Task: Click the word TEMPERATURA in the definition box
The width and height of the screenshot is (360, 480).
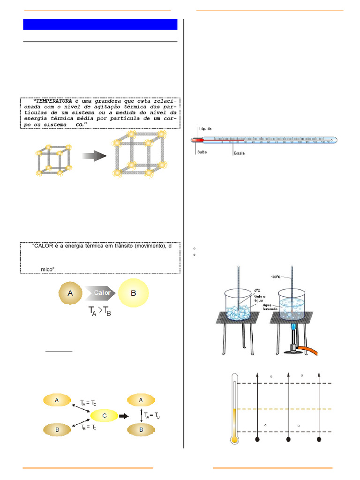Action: pyautogui.click(x=54, y=101)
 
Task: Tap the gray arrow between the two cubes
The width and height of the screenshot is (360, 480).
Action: pyautogui.click(x=94, y=156)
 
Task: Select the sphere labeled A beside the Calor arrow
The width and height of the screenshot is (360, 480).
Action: pyautogui.click(x=70, y=293)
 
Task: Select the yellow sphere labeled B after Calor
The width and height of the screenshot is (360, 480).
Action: pyautogui.click(x=134, y=293)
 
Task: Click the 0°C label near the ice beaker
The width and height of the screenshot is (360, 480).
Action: pyautogui.click(x=257, y=290)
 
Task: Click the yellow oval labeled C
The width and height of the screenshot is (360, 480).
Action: pyautogui.click(x=104, y=415)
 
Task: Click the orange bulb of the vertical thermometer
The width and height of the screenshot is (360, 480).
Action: pyautogui.click(x=234, y=439)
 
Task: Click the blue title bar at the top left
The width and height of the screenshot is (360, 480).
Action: pyautogui.click(x=100, y=24)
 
